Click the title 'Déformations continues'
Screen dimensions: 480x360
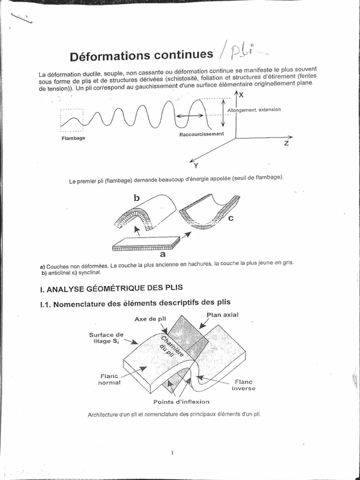click(x=141, y=56)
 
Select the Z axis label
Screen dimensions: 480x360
click(x=286, y=143)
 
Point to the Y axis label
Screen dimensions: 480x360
click(x=196, y=165)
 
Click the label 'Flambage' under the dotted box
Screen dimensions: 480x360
click(x=73, y=138)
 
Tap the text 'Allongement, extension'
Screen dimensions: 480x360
click(x=254, y=110)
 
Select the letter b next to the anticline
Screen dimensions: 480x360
click(x=137, y=198)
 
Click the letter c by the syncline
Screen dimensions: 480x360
click(x=231, y=218)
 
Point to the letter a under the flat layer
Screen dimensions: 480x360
click(x=163, y=254)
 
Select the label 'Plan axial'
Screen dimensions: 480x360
click(x=222, y=315)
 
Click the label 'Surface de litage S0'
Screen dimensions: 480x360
click(x=106, y=338)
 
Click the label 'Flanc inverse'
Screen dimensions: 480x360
click(x=244, y=385)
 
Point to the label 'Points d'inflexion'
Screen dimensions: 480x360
click(x=181, y=402)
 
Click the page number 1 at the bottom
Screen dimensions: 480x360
click(x=173, y=452)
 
